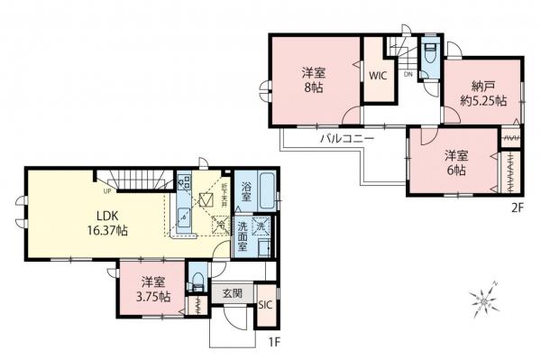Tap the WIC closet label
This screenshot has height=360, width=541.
(377, 76)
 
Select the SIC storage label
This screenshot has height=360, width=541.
(266, 306)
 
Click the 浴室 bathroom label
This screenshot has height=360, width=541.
(245, 191)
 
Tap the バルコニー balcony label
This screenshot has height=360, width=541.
(340, 140)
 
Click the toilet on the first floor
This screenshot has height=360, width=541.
(197, 281)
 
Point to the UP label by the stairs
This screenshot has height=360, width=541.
(107, 190)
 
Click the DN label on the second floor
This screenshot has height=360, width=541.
(408, 75)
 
